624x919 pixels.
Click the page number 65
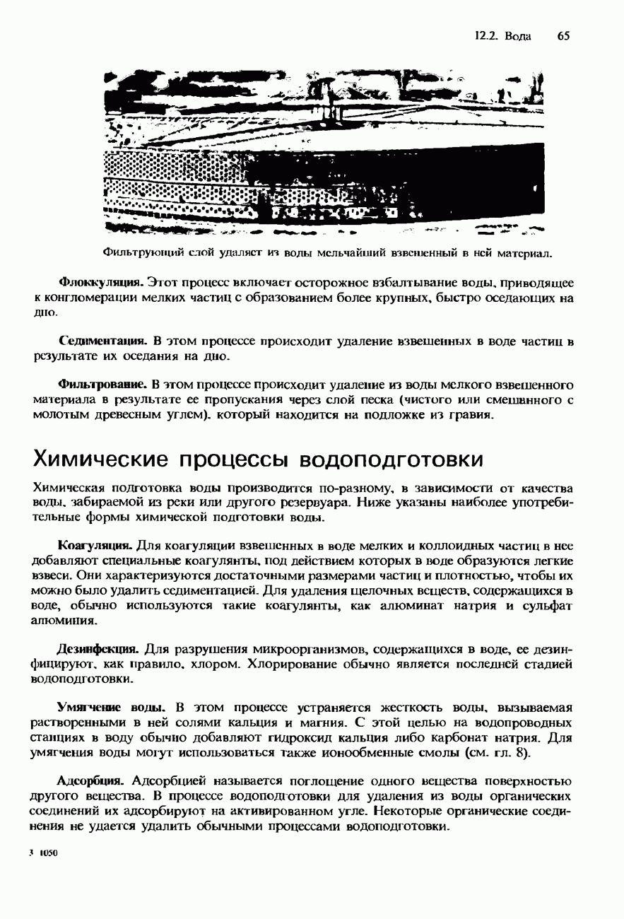tap(563, 36)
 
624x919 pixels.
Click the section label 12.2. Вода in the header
tap(502, 36)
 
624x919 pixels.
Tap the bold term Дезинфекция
tap(98, 648)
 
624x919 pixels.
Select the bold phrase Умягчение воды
tap(111, 708)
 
